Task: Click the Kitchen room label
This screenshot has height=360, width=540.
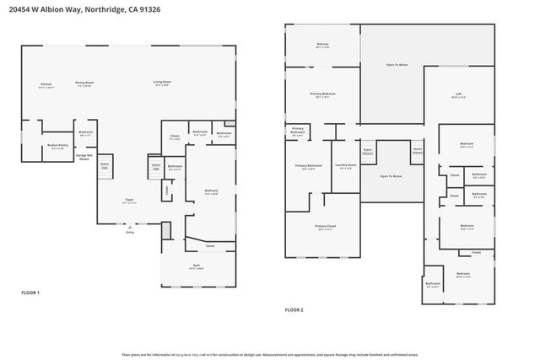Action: (46, 83)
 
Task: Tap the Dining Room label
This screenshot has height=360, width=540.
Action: (84, 83)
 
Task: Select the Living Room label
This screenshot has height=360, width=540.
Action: (161, 83)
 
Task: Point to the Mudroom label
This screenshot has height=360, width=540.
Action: (85, 132)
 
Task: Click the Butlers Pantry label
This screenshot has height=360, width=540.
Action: (57, 146)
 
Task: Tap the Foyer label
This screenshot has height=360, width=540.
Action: (130, 201)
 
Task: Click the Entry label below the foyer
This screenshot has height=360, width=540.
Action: (129, 232)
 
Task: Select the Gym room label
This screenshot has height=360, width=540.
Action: (194, 265)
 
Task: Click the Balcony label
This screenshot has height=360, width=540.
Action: (322, 44)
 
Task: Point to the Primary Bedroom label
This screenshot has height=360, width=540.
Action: (322, 94)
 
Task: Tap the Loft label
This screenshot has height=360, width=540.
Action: (458, 94)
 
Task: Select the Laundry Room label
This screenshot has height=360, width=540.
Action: (345, 166)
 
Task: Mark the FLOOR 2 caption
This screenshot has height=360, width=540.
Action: (294, 310)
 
